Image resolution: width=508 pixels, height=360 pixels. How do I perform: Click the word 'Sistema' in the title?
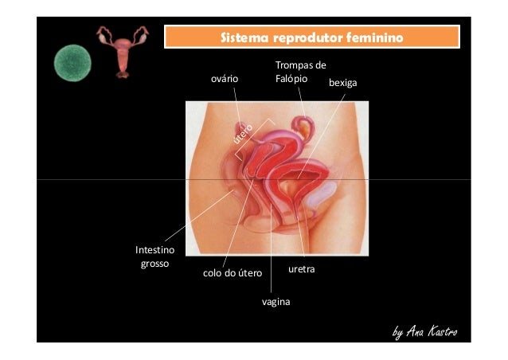tap(244, 37)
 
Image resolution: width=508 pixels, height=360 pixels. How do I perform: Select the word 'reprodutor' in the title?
tap(305, 37)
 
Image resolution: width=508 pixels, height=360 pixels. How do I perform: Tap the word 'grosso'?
tap(154, 263)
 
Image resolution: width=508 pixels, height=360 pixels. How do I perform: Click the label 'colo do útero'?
tap(233, 273)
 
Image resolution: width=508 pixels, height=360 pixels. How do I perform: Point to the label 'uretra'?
tap(302, 270)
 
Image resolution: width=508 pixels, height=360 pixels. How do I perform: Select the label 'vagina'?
tap(275, 302)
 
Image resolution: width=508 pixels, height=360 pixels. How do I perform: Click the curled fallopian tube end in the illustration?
tap(303, 125)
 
